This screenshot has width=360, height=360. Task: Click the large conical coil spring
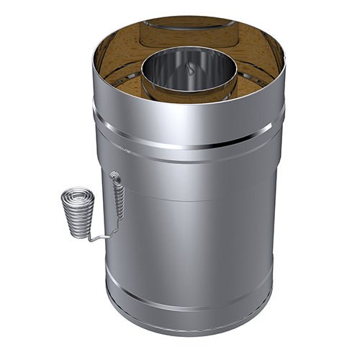77,212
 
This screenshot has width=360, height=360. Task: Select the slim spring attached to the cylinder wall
118,197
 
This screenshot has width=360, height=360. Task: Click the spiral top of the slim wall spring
115,175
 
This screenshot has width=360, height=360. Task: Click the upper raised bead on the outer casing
189,142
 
